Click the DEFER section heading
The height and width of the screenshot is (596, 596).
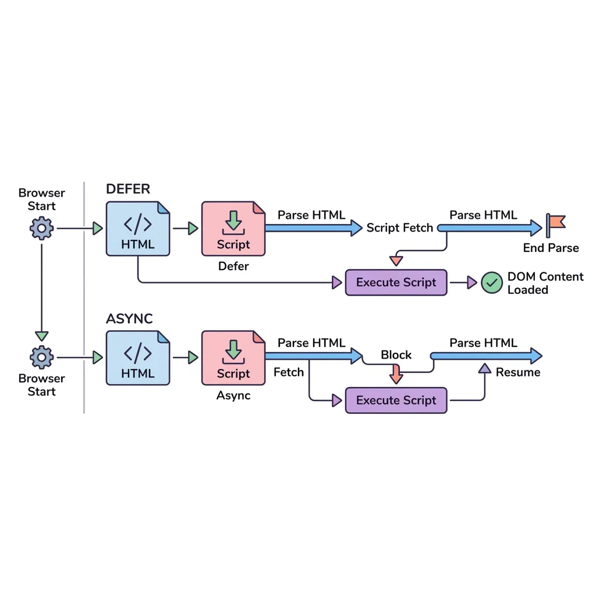click(128, 189)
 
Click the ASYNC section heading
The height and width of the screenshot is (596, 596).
click(129, 318)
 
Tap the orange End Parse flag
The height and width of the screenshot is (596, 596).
click(556, 225)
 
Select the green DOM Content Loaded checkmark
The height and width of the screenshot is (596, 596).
click(492, 283)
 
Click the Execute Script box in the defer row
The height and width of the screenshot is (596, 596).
click(396, 282)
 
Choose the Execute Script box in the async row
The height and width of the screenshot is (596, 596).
click(396, 400)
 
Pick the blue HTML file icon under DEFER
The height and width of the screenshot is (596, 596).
click(138, 228)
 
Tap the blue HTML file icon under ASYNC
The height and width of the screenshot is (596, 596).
click(138, 358)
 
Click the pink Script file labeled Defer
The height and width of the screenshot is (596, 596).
click(233, 228)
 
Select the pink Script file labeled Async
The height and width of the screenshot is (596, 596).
click(233, 358)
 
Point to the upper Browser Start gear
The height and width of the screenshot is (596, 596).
click(41, 228)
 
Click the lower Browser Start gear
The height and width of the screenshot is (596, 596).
click(41, 357)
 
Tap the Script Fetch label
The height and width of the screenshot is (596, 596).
click(399, 228)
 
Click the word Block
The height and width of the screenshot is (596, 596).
click(396, 354)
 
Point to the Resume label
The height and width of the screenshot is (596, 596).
click(518, 372)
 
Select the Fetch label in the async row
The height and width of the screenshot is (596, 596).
click(289, 372)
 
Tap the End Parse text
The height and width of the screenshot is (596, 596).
click(551, 248)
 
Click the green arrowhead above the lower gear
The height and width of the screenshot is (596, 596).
click(41, 336)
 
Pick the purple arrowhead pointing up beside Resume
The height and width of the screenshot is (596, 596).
click(485, 368)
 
